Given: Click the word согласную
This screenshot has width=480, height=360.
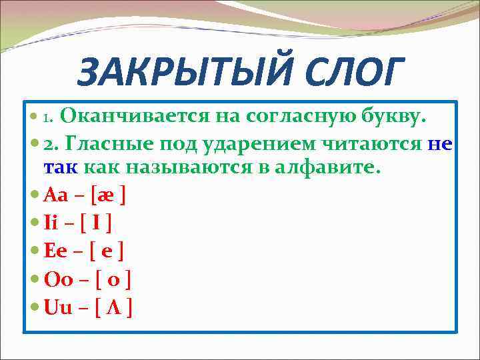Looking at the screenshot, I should [290, 117].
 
